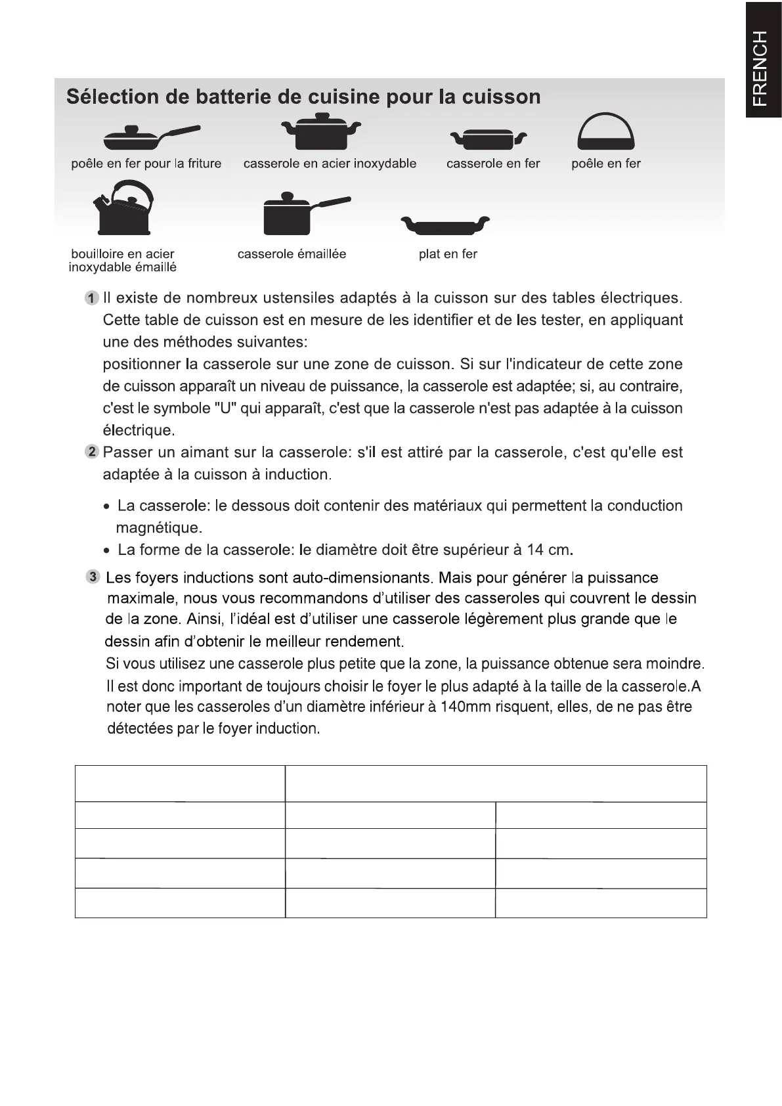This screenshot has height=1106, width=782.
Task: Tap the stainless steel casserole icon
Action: pos(320,132)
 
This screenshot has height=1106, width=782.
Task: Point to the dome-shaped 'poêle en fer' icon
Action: pos(605,131)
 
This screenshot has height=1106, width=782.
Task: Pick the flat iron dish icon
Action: pos(445,225)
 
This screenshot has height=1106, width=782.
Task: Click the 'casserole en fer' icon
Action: pos(488,139)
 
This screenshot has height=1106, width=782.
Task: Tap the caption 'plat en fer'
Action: pos(448,254)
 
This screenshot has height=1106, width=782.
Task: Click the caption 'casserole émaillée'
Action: pos(292,254)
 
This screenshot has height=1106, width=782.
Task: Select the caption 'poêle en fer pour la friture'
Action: pos(146,164)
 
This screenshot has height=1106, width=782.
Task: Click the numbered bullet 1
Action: pos(92,298)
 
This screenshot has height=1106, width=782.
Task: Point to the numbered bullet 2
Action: pos(92,452)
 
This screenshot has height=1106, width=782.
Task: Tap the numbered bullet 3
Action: pos(93,577)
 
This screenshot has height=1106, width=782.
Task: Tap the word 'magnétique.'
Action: pos(159,528)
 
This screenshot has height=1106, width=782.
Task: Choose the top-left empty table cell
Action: pos(180,784)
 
